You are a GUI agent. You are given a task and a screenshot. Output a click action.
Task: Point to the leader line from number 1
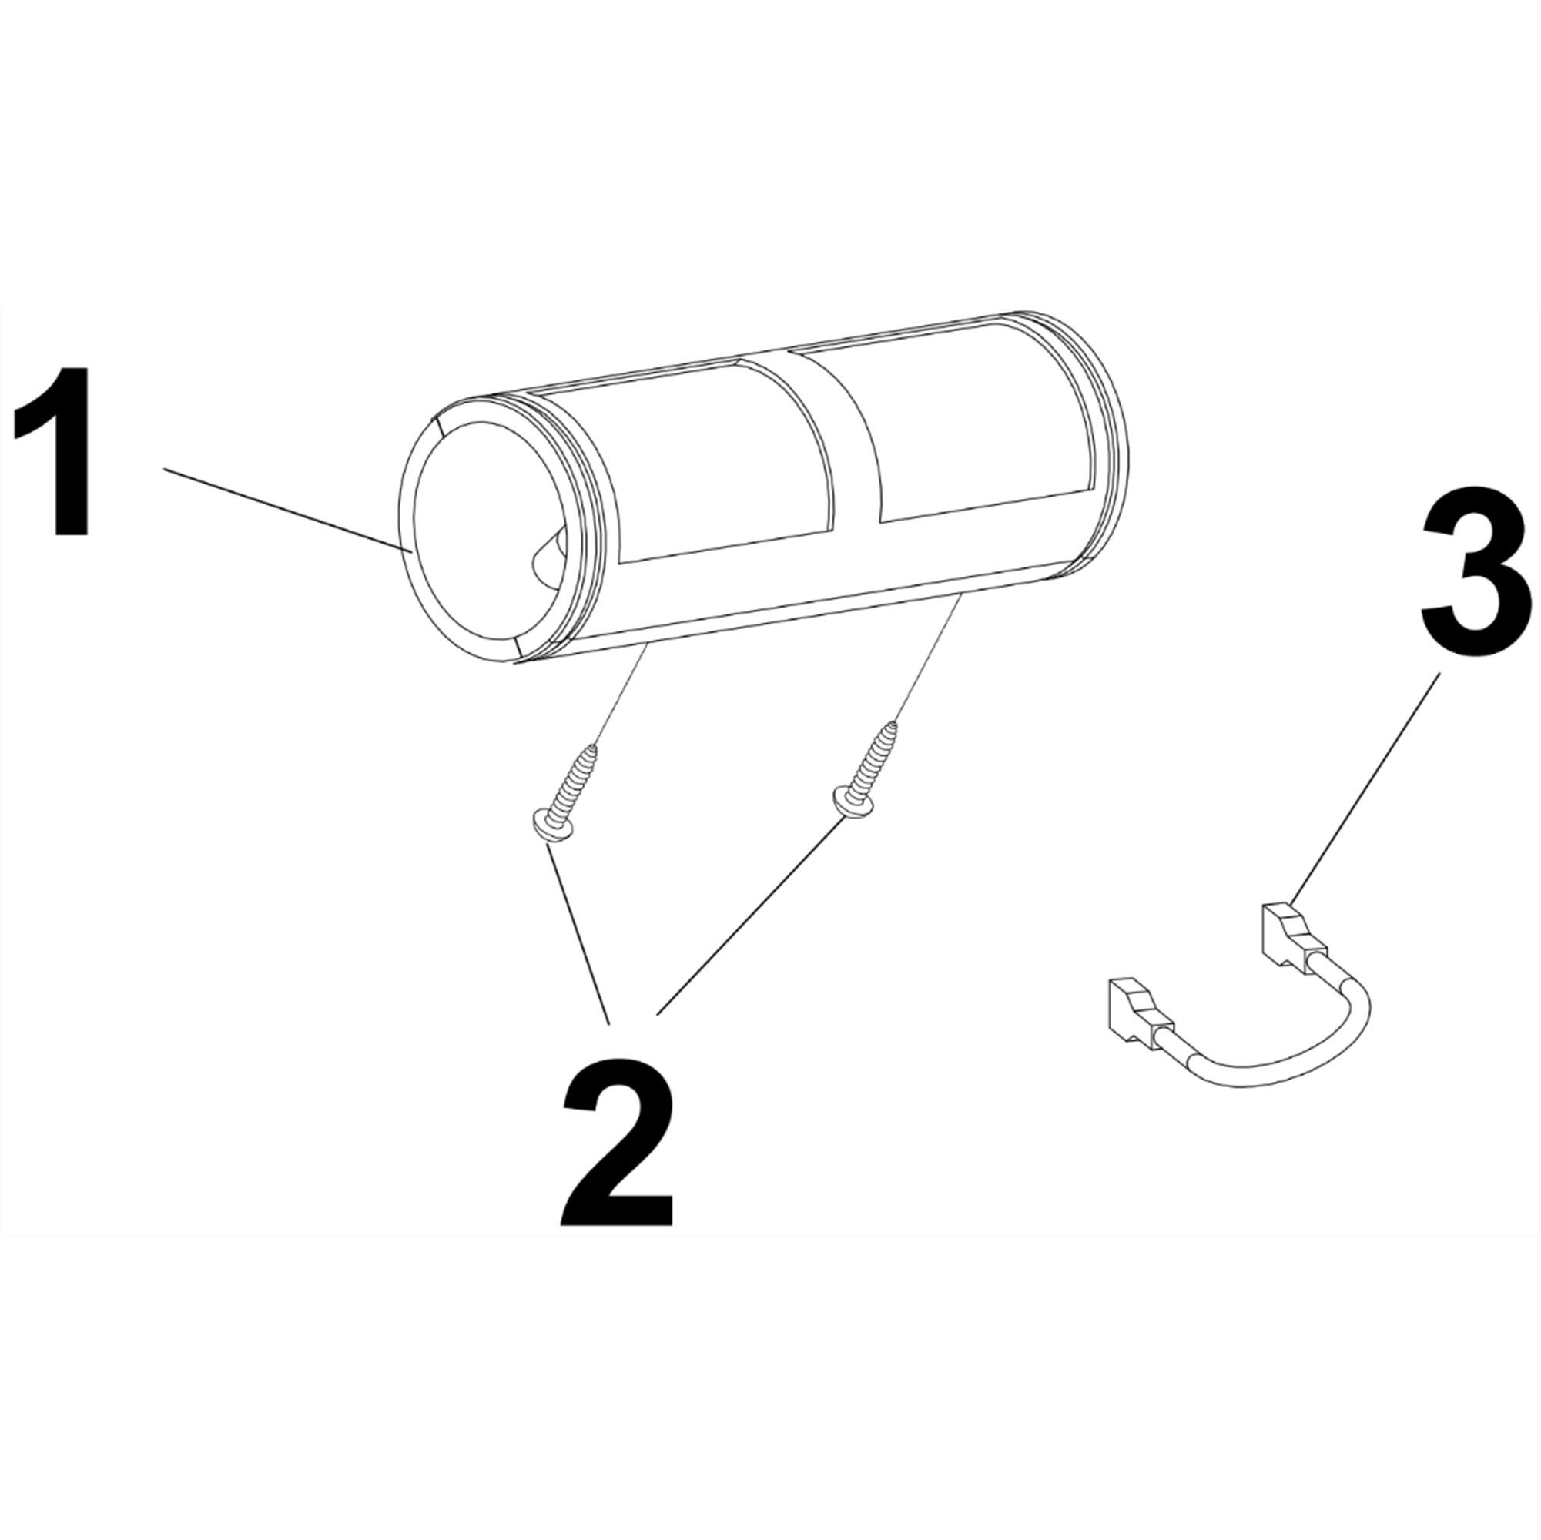tap(287, 511)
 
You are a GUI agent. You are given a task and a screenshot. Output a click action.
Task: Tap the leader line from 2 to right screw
tap(745, 925)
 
